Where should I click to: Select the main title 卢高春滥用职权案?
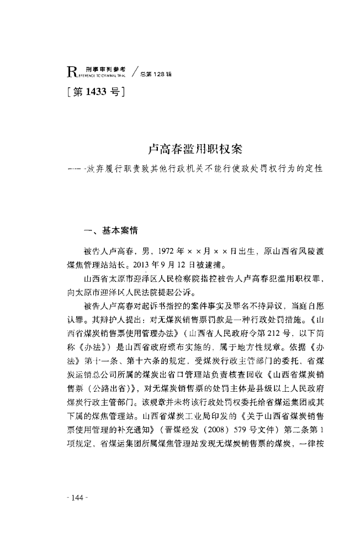[197, 150]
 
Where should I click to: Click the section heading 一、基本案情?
[99, 232]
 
